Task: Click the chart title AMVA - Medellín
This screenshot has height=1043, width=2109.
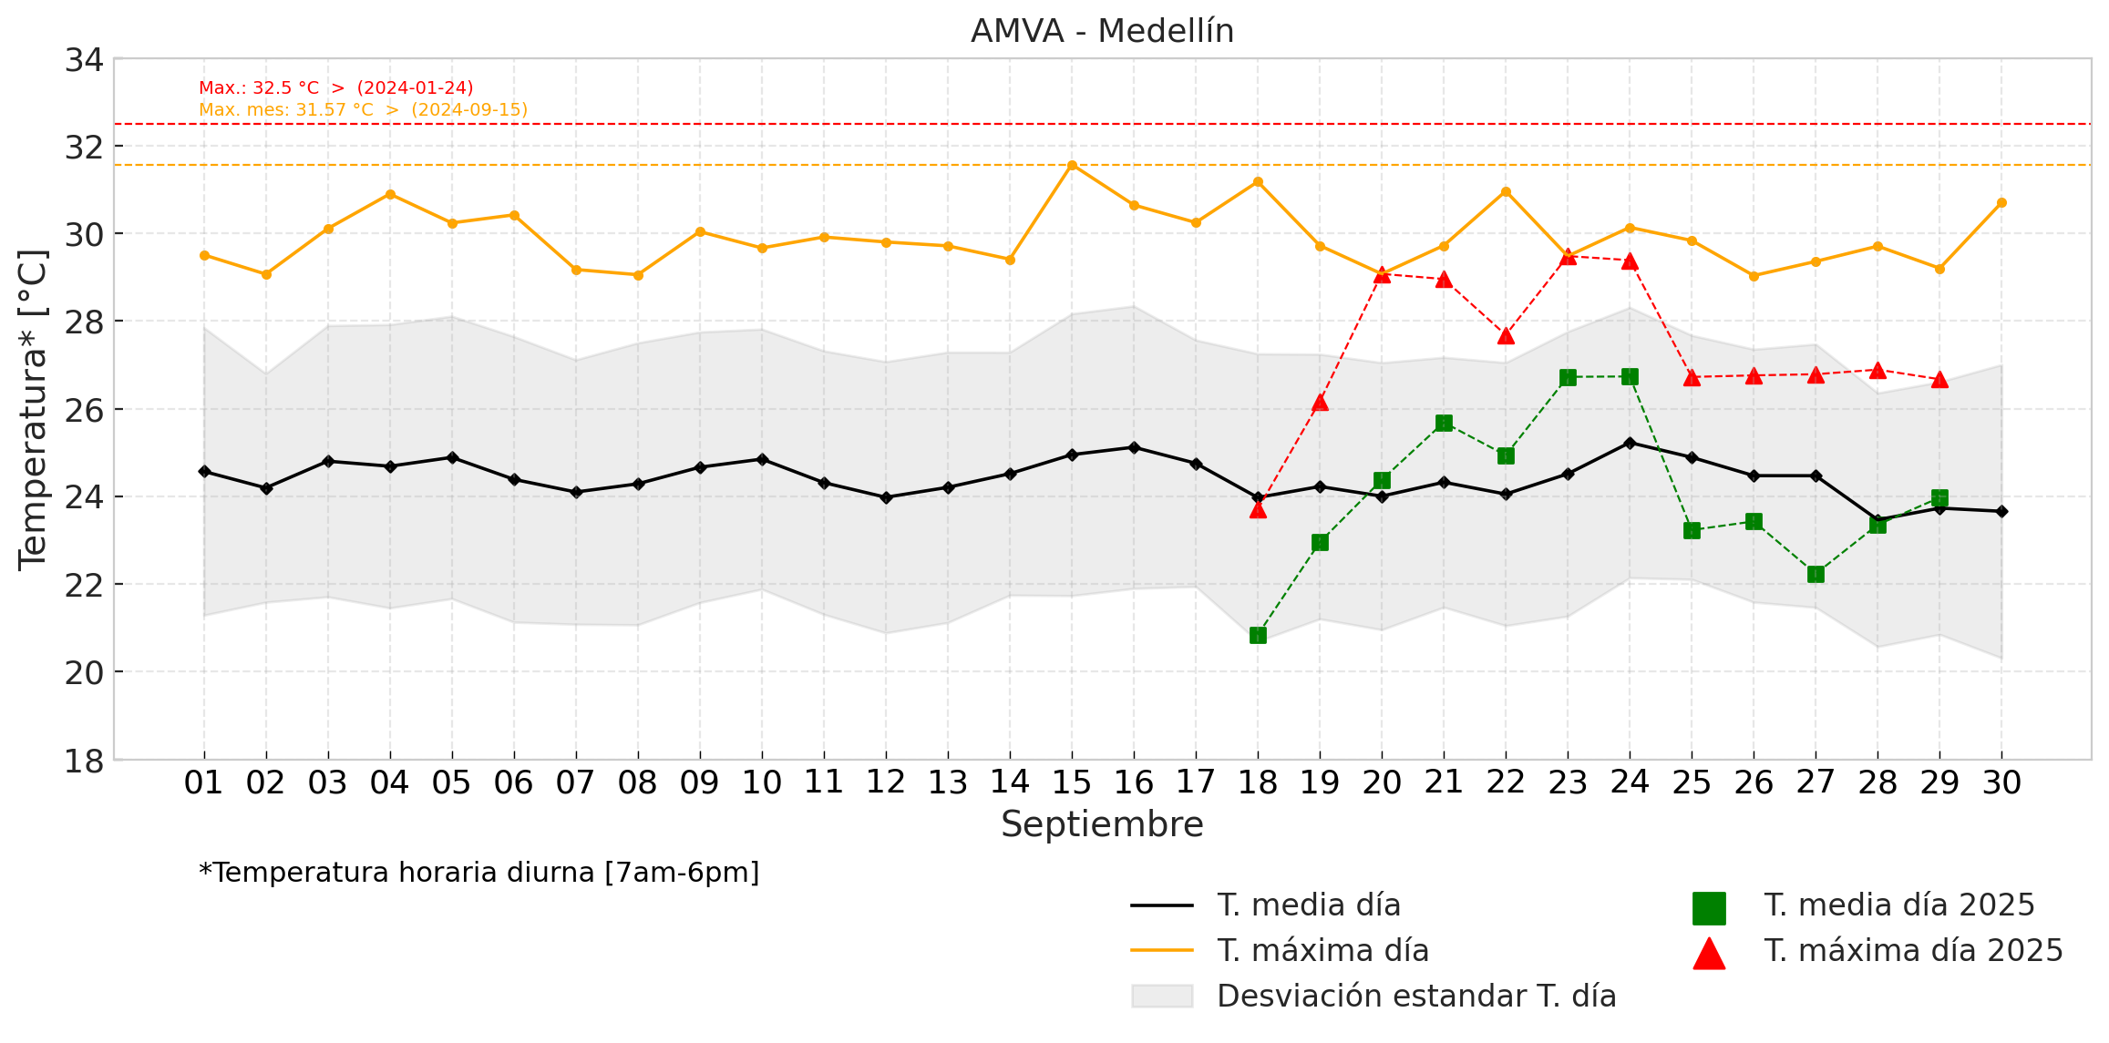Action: [1102, 31]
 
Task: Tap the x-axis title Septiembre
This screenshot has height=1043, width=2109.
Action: [1102, 824]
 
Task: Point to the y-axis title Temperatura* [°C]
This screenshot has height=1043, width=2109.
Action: [33, 409]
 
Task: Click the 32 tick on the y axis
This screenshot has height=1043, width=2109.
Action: [84, 147]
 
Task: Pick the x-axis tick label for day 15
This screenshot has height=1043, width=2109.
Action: [1071, 782]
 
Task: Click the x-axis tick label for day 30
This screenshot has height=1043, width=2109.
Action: [2001, 782]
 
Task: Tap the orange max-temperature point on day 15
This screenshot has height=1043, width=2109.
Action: [1072, 165]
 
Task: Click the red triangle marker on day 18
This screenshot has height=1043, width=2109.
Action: [1258, 509]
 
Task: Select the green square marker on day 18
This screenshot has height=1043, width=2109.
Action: [1258, 635]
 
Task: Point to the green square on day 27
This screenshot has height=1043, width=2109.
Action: [1816, 574]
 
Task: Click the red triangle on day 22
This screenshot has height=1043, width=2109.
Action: [1506, 336]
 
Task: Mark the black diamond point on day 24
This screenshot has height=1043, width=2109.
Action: [1630, 443]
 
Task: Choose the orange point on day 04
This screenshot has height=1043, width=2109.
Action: [390, 194]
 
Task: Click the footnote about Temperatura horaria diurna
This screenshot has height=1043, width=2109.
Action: [478, 873]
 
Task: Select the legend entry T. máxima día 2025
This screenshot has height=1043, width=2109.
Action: [1913, 951]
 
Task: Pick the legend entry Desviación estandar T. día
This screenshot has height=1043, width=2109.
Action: [1416, 997]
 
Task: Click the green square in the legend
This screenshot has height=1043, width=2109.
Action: [1709, 907]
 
